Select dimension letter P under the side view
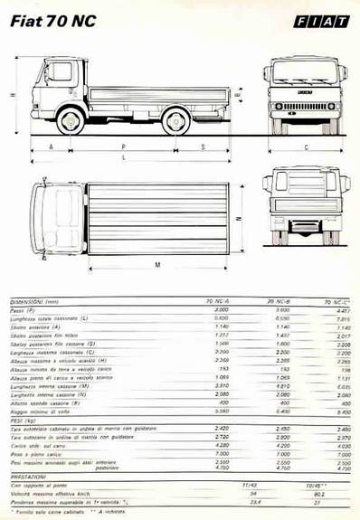(x=124, y=146)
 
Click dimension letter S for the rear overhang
(x=203, y=146)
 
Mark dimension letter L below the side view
(x=124, y=158)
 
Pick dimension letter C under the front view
(x=306, y=147)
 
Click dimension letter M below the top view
(x=158, y=265)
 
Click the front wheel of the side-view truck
(x=70, y=120)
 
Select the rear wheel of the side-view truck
(x=176, y=120)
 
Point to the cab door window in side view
(x=61, y=72)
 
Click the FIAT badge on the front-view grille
(x=306, y=93)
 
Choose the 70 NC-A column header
(x=217, y=299)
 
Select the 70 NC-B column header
(x=276, y=299)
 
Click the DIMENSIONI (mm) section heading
(x=36, y=299)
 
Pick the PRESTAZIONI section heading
(x=30, y=476)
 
